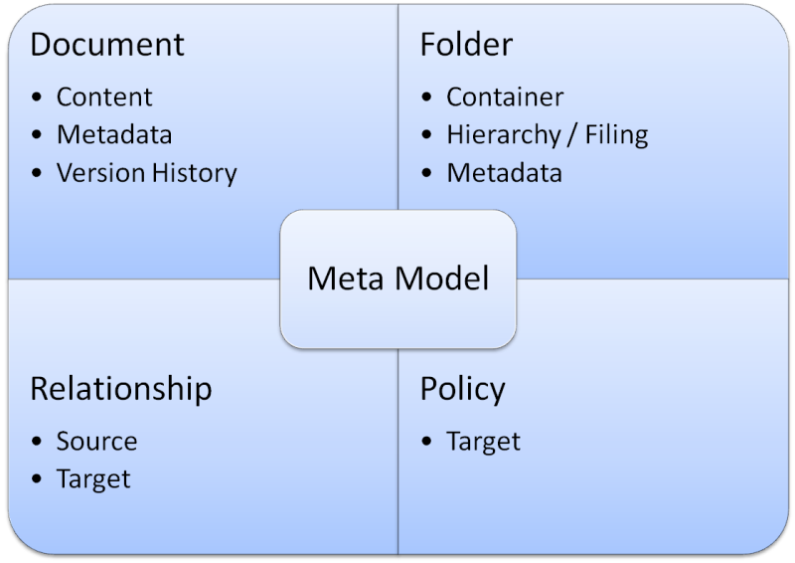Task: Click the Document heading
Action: (x=107, y=44)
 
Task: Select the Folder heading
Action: (x=466, y=44)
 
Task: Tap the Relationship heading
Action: (x=121, y=390)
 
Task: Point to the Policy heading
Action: (x=463, y=390)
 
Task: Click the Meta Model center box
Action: (x=398, y=279)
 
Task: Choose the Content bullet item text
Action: (x=104, y=96)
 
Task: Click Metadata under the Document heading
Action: (x=114, y=135)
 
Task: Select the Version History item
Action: (x=147, y=173)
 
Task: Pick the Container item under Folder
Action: (x=505, y=96)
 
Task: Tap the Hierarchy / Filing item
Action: (x=548, y=135)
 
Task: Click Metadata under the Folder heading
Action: (x=505, y=173)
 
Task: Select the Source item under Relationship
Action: (x=96, y=442)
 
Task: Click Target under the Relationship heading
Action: (x=93, y=479)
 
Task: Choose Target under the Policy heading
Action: (x=484, y=442)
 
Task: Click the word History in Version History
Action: (x=195, y=173)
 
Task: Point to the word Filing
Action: (x=616, y=135)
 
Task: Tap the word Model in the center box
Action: (x=442, y=279)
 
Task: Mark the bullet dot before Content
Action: (x=37, y=96)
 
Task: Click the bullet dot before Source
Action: (x=37, y=442)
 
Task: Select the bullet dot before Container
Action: (x=426, y=96)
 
